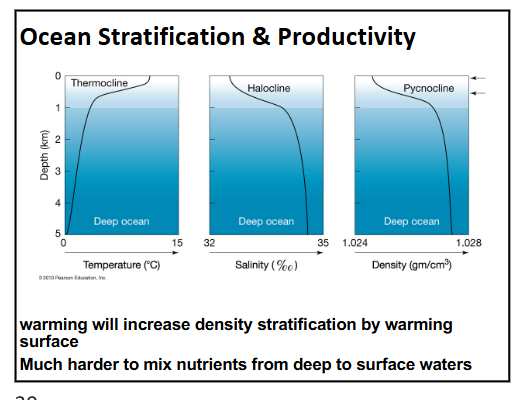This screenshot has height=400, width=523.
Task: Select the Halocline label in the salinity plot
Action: [268, 89]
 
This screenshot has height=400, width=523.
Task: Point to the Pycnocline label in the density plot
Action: [428, 89]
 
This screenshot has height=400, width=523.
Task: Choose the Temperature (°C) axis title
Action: [121, 265]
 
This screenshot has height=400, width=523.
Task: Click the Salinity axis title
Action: [267, 265]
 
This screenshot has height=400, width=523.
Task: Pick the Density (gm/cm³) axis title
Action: [413, 265]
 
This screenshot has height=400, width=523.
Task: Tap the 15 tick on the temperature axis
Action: [176, 243]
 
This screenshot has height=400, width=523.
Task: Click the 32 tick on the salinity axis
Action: [210, 243]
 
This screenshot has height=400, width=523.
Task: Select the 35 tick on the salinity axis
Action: [323, 243]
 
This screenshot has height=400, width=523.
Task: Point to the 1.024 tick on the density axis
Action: [356, 243]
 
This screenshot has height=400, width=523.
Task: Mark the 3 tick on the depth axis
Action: [57, 171]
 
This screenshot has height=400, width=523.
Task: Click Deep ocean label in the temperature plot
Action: [121, 221]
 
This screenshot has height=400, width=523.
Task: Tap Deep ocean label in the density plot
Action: [411, 221]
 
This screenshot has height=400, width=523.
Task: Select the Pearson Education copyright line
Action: [85, 277]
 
